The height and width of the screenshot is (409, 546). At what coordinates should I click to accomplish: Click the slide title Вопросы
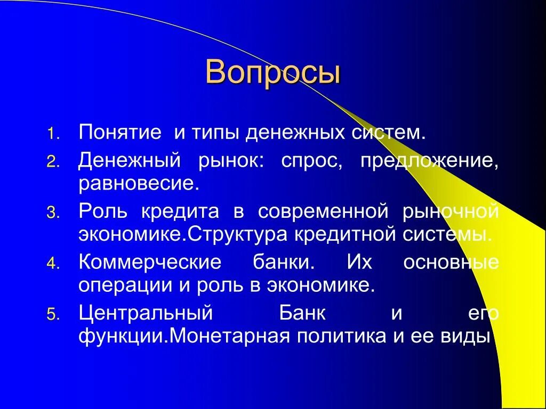(272, 72)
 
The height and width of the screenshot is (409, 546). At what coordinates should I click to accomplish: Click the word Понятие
(120, 132)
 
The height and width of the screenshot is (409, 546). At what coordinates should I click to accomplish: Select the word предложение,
(430, 160)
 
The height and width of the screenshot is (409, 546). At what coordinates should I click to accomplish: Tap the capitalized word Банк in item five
(303, 313)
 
